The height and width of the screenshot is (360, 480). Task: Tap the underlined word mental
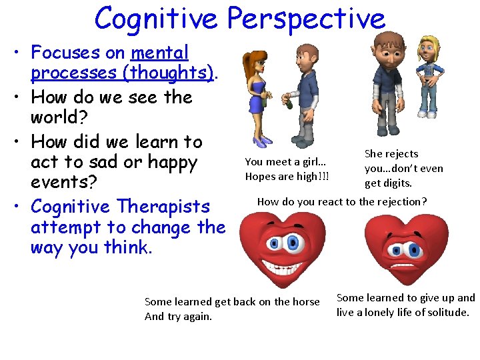(x=160, y=53)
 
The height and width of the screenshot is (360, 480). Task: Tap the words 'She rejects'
(x=391, y=154)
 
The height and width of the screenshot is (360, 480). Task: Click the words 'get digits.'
(x=388, y=183)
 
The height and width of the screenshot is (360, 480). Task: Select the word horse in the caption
(x=305, y=302)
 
